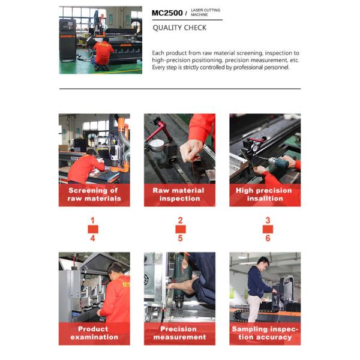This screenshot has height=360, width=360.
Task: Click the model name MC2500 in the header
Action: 167,13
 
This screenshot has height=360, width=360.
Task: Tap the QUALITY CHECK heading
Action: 179,28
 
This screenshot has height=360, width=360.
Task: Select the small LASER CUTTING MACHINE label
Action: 205,13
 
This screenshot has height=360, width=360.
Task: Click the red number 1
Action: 92,220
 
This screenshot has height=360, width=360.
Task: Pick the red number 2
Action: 181,220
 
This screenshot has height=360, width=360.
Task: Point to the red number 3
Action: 268,220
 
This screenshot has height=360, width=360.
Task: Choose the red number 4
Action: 92,238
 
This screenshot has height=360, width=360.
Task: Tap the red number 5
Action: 181,238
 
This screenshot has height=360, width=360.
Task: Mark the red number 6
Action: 268,238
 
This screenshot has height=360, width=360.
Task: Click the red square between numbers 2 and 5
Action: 181,229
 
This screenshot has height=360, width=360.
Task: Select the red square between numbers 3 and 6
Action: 268,229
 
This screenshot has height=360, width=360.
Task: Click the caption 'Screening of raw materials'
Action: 94,194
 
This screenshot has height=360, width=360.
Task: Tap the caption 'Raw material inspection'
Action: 179,194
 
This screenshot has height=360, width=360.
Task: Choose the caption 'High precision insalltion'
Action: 264,194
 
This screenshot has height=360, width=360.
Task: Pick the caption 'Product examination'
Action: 94,333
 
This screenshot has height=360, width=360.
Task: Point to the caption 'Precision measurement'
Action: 179,333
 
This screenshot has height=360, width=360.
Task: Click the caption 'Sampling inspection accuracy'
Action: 265,333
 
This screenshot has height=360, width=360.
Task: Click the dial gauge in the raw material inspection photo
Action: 157,145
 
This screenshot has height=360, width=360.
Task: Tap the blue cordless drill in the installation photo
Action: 278,163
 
